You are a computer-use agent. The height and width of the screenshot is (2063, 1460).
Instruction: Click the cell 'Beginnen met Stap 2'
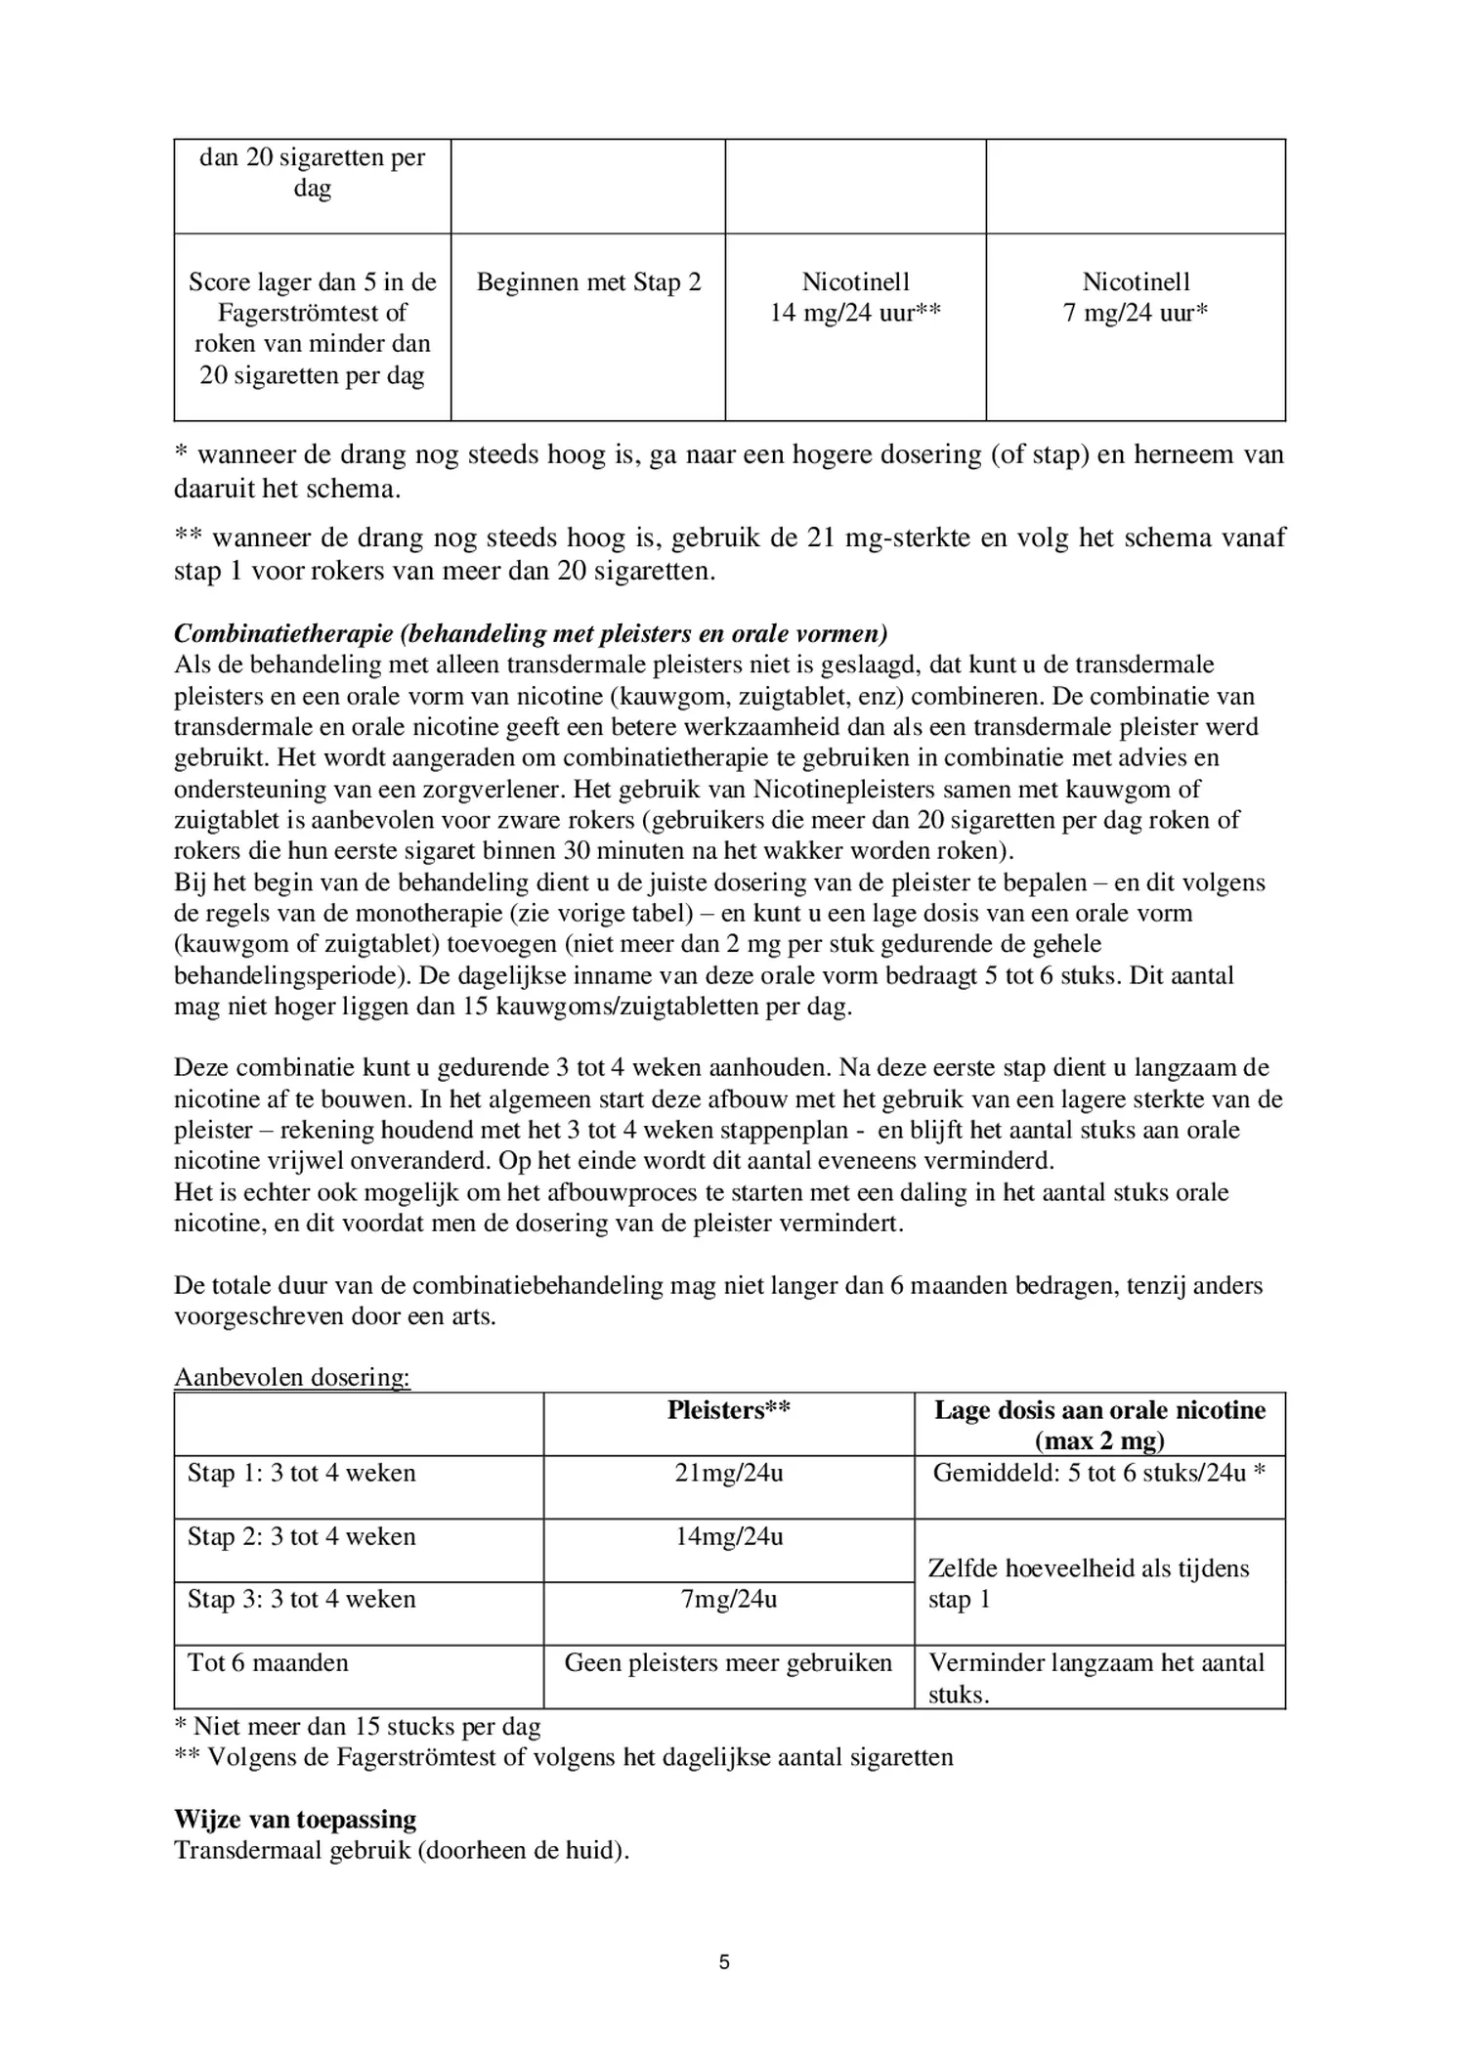pyautogui.click(x=588, y=282)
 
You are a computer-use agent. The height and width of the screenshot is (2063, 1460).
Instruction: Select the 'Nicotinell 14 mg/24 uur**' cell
pyautogui.click(x=855, y=297)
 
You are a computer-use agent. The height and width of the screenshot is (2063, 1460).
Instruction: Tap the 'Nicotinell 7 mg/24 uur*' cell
pyautogui.click(x=1136, y=297)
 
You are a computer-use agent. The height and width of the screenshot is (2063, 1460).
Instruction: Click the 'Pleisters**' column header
pyautogui.click(x=728, y=1410)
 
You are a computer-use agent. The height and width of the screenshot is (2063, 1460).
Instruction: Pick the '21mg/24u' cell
pyautogui.click(x=728, y=1473)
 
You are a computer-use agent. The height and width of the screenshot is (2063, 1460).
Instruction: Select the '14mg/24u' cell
pyautogui.click(x=728, y=1536)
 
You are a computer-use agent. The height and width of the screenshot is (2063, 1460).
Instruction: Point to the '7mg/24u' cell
pyautogui.click(x=728, y=1599)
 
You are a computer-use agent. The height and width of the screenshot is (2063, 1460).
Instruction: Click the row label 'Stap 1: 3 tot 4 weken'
pyautogui.click(x=301, y=1473)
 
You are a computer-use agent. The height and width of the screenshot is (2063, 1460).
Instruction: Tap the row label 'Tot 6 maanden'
pyautogui.click(x=268, y=1662)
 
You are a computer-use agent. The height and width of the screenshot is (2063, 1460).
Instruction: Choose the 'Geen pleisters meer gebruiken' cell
pyautogui.click(x=728, y=1662)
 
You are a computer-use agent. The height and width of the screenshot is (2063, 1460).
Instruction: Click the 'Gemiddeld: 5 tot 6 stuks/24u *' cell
pyautogui.click(x=1098, y=1473)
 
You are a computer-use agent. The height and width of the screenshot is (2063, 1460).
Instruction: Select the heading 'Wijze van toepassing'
pyautogui.click(x=295, y=1819)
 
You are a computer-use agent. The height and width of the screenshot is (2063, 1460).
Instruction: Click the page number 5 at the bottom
pyautogui.click(x=724, y=1962)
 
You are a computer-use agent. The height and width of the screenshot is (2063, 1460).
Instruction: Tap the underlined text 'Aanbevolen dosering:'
pyautogui.click(x=292, y=1378)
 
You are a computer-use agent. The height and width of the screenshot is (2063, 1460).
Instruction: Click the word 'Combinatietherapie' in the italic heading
pyautogui.click(x=282, y=633)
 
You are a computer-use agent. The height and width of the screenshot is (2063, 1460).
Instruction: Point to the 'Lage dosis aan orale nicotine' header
pyautogui.click(x=1099, y=1410)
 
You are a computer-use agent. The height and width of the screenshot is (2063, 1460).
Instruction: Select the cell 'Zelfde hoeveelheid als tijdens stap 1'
pyautogui.click(x=1088, y=1583)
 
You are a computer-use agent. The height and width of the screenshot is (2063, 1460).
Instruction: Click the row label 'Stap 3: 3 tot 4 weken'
pyautogui.click(x=301, y=1599)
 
